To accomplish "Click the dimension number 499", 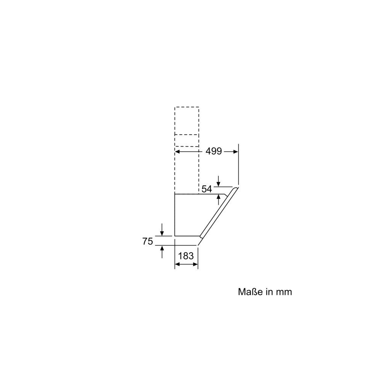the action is (214, 151).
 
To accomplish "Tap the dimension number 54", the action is (207, 189).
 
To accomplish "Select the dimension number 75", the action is (147, 241).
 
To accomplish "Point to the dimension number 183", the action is (186, 256).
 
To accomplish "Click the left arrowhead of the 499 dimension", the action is (177, 152).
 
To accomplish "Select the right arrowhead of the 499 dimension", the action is (236, 152).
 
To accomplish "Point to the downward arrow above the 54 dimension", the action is (218, 181).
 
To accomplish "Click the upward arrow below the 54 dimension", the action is (218, 200).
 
